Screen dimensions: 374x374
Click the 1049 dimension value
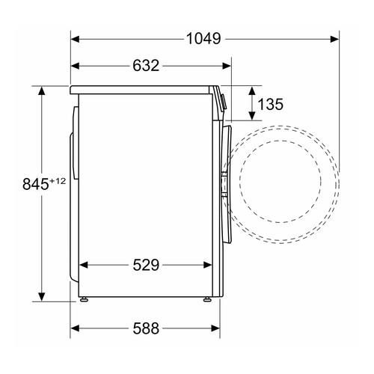coord(203,39)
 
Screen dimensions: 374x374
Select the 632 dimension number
coord(146,66)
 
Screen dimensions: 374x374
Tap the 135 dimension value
coord(270,104)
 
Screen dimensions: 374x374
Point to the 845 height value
coord(35,184)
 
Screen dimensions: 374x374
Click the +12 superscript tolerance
coord(58,181)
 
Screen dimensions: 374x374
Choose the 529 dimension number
coord(146,265)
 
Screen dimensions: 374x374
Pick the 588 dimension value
coord(146,328)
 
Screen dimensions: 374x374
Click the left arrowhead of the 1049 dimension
coord(75,39)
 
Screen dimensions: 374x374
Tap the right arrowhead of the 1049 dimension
coord(334,39)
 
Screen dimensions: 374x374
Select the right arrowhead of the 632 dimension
coord(227,66)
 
